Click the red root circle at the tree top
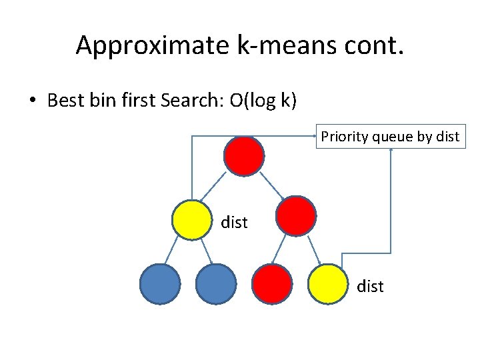coord(244,156)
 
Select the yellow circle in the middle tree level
coord(191,219)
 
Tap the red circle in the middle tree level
coord(296,216)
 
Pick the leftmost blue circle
coord(160,285)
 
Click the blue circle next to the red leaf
coord(216,285)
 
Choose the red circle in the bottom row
coord(271,285)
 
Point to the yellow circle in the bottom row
coord(329,285)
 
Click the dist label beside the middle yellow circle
coord(234,223)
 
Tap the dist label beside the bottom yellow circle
coord(370,287)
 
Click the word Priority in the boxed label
coord(345,137)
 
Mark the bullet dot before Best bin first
coord(32,101)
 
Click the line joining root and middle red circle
coord(273,186)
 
